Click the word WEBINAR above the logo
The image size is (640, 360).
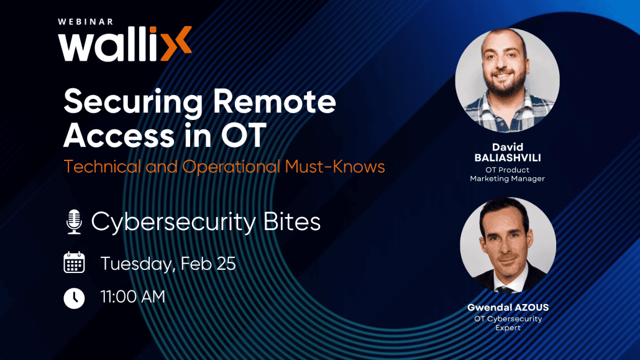pyautogui.click(x=86, y=21)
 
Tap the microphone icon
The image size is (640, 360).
pyautogui.click(x=74, y=222)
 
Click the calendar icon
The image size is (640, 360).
pyautogui.click(x=74, y=262)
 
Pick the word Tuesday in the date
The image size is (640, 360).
pyautogui.click(x=137, y=264)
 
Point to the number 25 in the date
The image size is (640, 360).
pyautogui.click(x=226, y=263)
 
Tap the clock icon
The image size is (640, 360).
pyautogui.click(x=74, y=298)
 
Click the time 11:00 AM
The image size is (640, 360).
pyautogui.click(x=133, y=297)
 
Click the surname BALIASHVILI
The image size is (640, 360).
pyautogui.click(x=508, y=158)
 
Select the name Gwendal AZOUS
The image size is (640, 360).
pyautogui.click(x=508, y=308)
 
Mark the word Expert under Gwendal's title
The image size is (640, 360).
pyautogui.click(x=508, y=328)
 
